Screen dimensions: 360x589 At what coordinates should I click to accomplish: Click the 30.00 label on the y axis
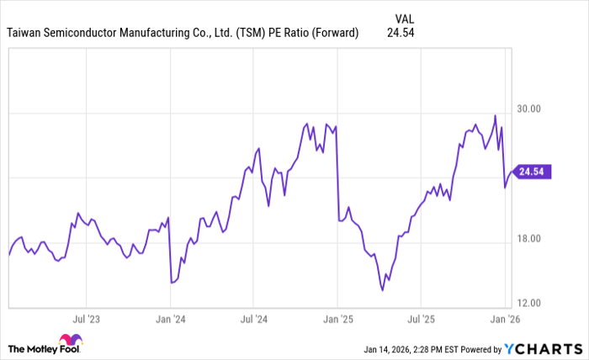click(528, 109)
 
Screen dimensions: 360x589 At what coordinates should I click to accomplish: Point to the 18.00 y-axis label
click(528, 238)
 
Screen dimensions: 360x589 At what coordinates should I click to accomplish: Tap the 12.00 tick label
click(528, 303)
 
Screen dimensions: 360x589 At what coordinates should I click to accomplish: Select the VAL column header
click(405, 16)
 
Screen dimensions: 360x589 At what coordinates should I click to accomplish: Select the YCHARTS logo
click(540, 349)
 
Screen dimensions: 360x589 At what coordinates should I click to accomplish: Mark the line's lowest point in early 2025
click(383, 290)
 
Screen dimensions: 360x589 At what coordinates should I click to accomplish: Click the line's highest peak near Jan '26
click(495, 115)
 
